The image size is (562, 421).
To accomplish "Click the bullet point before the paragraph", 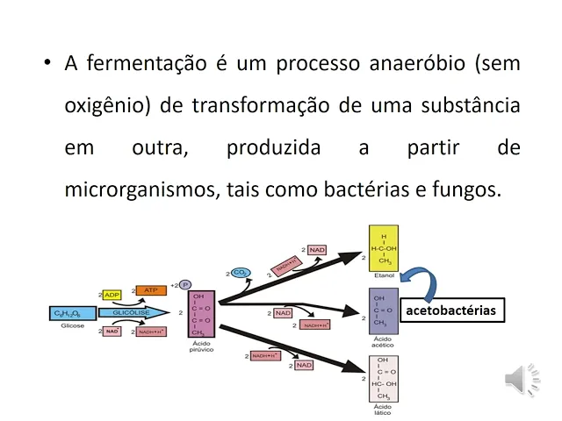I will coord(46,64).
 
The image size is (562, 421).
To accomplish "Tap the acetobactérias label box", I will coord(450,310).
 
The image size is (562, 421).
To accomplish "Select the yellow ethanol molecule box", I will coord(384,250).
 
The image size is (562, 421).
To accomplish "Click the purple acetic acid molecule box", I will coord(384,311).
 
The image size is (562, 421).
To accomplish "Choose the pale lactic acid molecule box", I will coord(384,378).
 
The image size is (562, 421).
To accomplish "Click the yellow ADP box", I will coord(112,295).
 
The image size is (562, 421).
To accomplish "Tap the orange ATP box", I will coord(149,289).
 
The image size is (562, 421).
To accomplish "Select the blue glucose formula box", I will coord(72,312).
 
